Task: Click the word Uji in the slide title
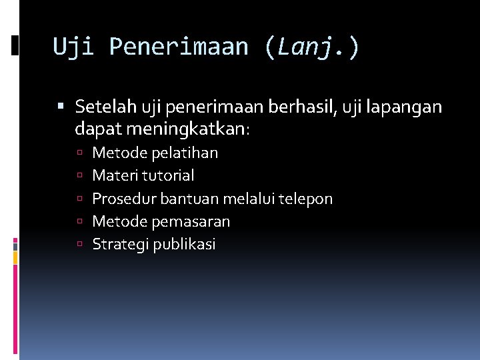pos(75,47)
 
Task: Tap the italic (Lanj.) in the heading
pos(311,47)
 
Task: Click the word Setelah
pos(105,107)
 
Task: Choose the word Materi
pos(113,175)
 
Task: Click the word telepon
pos(305,199)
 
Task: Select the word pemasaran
pos(191,221)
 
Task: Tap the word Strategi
pos(121,245)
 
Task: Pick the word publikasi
pos(185,245)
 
